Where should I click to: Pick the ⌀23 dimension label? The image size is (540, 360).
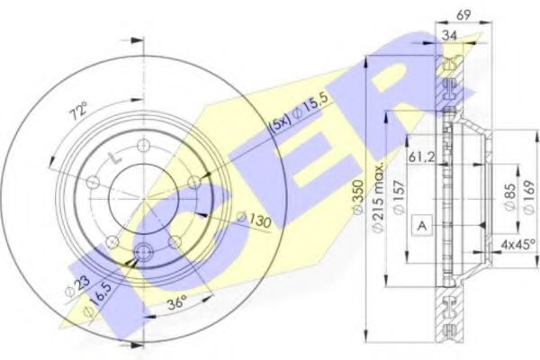[77, 288]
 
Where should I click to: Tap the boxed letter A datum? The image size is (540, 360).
[420, 226]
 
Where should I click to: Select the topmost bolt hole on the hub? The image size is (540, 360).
[143, 146]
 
